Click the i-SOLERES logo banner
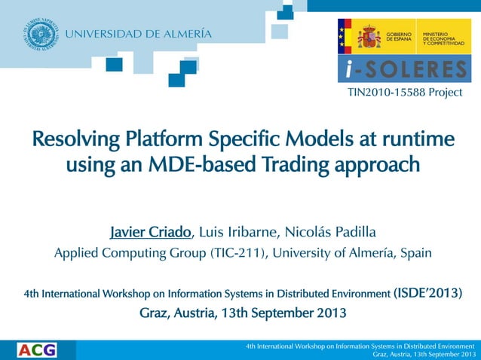click(x=404, y=70)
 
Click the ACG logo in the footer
click(x=36, y=349)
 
